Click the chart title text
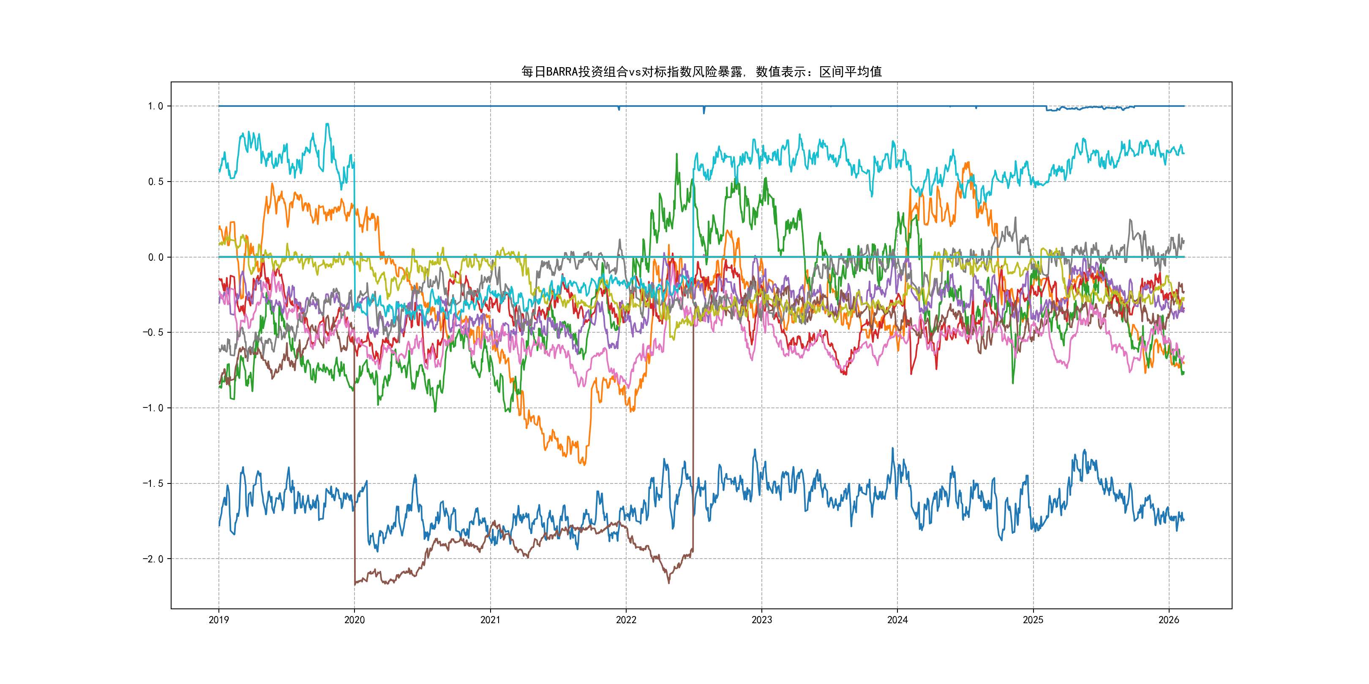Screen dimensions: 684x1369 click(701, 72)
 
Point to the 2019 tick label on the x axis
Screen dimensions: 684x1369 click(218, 620)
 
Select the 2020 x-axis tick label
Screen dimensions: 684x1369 click(355, 620)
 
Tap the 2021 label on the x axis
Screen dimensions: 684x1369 click(490, 620)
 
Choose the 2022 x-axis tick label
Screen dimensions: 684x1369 click(626, 620)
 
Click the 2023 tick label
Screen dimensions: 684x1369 click(761, 620)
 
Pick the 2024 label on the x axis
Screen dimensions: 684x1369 click(897, 620)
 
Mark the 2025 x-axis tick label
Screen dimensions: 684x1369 click(1033, 620)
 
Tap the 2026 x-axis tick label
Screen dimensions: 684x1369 click(1169, 620)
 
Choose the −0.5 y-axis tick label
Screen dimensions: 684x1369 click(153, 332)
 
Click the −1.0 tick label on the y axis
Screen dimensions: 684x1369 click(153, 408)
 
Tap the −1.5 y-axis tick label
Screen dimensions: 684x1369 click(153, 483)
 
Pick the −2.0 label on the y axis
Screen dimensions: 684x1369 click(153, 559)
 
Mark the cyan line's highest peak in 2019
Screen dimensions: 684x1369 click(327, 124)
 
